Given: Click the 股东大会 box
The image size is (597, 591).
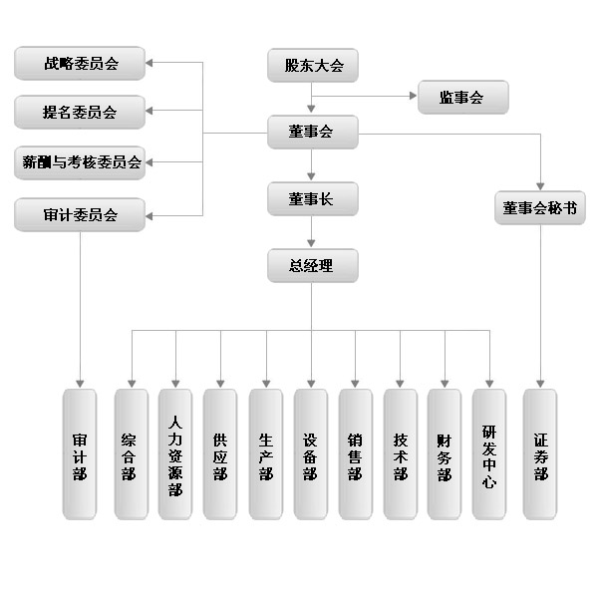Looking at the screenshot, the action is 313,65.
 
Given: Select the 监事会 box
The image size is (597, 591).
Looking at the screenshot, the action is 463,97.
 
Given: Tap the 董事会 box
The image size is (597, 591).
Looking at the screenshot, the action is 313,132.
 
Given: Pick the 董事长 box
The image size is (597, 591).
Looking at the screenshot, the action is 313,198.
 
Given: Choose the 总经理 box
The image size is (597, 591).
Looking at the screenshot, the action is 313,265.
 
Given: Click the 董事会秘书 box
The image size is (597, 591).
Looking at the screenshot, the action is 540,208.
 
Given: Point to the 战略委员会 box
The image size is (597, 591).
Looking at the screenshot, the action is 80,63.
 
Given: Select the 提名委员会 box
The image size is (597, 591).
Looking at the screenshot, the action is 80,112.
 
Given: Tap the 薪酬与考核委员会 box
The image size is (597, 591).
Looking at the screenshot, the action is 80,162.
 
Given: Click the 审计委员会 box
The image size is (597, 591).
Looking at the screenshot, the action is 80,214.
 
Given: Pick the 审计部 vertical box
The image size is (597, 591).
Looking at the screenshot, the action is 80,453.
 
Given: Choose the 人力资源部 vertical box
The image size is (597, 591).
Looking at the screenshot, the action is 175,453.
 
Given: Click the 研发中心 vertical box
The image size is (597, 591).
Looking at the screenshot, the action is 489,453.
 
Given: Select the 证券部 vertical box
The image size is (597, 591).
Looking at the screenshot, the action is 540,453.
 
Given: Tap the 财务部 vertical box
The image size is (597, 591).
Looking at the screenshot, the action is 445,453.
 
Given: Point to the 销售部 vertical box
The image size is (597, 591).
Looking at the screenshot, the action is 355,453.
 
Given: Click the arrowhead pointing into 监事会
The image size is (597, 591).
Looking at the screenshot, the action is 413,96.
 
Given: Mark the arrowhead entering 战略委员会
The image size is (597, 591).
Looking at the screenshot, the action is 149,63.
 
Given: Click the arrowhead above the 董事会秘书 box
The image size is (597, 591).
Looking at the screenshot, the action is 540,186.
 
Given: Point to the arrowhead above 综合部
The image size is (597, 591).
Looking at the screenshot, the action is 132,384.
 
